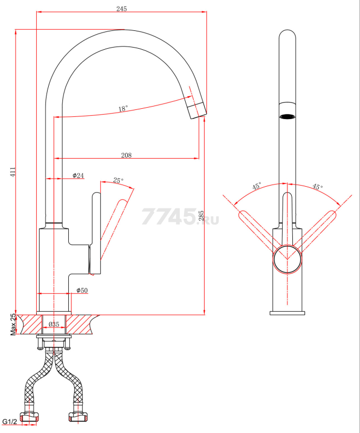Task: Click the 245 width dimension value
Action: pyautogui.click(x=122, y=9)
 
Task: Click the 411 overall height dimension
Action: pyautogui.click(x=13, y=172)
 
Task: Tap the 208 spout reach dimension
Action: pyautogui.click(x=126, y=155)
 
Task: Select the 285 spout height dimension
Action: pyautogui.click(x=201, y=215)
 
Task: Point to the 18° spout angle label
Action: pyautogui.click(x=123, y=108)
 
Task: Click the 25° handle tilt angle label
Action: pyautogui.click(x=118, y=180)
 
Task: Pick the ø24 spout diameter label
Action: pyautogui.click(x=78, y=175)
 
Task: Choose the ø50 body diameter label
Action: pyautogui.click(x=82, y=290)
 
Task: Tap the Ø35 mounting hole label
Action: pyautogui.click(x=54, y=324)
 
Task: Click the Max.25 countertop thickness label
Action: pyautogui.click(x=13, y=324)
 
